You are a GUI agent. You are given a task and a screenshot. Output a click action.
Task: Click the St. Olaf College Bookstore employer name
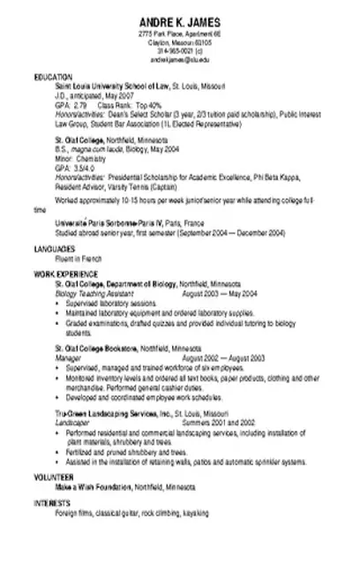(x=100, y=348)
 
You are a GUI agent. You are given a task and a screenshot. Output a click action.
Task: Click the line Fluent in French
(x=79, y=258)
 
